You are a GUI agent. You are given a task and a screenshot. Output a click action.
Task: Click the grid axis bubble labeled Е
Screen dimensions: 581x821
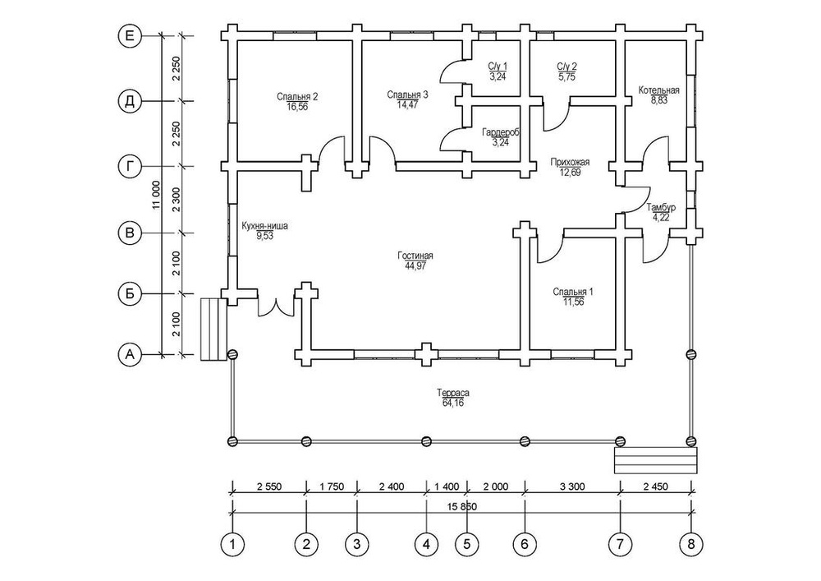(x=129, y=36)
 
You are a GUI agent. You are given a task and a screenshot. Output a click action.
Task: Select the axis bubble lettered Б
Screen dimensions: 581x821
(x=129, y=293)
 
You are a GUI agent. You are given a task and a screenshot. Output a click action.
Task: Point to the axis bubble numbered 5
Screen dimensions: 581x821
(x=466, y=544)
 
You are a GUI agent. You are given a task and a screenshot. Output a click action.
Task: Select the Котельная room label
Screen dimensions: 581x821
(x=658, y=90)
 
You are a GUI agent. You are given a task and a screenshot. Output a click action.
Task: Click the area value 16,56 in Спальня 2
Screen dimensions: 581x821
(x=297, y=106)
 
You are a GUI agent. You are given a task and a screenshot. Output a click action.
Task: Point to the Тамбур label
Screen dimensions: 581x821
(x=661, y=209)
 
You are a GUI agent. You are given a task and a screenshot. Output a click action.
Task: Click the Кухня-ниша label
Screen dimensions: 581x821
(x=264, y=225)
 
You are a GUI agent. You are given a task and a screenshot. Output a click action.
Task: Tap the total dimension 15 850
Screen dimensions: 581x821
(x=460, y=506)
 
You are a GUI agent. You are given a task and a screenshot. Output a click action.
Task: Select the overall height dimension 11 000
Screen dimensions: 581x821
(x=156, y=197)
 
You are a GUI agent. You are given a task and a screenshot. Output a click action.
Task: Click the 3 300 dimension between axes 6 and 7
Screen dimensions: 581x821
(x=571, y=486)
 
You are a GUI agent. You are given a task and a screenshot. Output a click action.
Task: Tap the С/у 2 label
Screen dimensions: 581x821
(x=567, y=66)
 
